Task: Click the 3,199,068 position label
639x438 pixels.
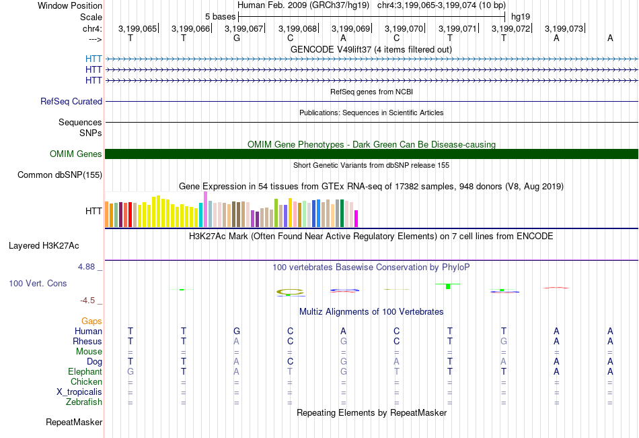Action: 297,28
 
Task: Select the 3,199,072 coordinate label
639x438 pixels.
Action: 511,28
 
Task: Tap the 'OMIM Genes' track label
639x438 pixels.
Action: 76,154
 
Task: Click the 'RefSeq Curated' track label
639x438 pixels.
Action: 71,101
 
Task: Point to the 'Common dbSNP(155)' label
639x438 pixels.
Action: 60,175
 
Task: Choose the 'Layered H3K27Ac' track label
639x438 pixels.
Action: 44,246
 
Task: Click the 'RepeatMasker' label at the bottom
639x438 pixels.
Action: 74,422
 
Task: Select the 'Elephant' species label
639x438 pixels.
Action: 85,371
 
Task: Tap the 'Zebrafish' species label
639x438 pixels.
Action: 84,402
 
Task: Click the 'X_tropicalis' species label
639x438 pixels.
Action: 79,392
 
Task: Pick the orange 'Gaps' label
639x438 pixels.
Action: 91,321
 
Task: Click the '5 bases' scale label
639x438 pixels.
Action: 220,17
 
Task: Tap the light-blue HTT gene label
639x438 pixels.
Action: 93,59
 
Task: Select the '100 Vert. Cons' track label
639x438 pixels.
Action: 38,283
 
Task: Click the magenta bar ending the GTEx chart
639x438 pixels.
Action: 356,218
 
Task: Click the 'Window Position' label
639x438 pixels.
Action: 70,5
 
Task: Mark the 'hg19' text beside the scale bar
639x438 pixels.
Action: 521,17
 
